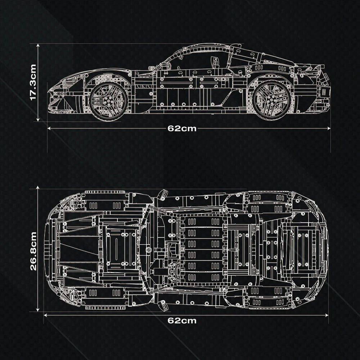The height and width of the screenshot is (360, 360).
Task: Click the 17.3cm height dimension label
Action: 33,82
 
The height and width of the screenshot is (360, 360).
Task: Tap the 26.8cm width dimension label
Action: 33,251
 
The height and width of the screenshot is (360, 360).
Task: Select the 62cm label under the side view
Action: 182,129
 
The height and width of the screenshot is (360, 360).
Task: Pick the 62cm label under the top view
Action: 182,320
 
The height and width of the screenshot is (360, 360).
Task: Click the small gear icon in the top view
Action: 149,249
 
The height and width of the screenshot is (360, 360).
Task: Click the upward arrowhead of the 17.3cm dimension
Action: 38,45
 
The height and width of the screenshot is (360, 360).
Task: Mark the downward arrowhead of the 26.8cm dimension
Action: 38,310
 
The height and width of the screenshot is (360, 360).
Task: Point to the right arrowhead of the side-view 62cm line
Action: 329,129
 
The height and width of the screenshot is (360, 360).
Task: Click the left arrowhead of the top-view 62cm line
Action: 45,315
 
